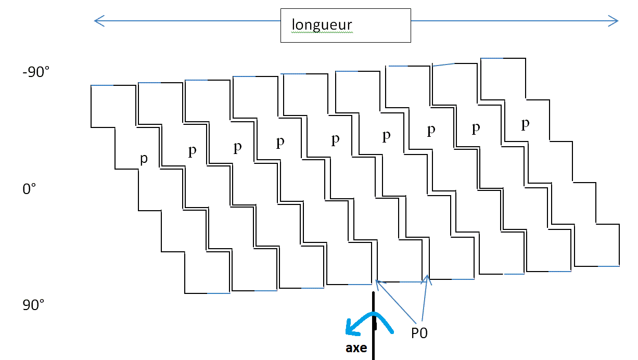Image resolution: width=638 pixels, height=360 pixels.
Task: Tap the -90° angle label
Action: click(x=36, y=72)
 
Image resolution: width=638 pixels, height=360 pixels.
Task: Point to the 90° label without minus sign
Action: click(x=33, y=305)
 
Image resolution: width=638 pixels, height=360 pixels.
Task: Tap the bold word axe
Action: click(x=356, y=348)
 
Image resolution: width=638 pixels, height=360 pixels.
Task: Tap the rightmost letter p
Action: click(x=526, y=124)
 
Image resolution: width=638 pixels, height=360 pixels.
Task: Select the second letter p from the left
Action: click(x=193, y=151)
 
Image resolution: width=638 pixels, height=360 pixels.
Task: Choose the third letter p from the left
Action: click(x=237, y=147)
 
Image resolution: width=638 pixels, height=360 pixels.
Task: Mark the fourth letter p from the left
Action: click(x=280, y=142)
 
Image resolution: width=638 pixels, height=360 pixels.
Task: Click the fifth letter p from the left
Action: click(x=336, y=139)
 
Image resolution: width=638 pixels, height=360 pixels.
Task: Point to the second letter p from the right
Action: click(x=476, y=128)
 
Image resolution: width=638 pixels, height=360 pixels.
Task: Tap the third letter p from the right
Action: click(x=431, y=130)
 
